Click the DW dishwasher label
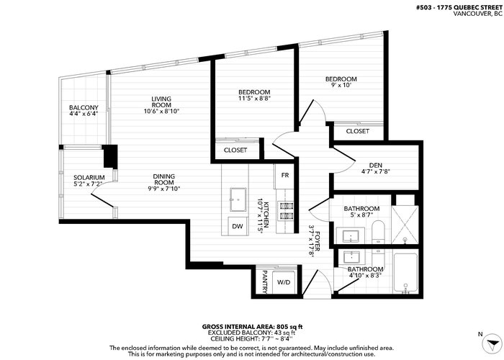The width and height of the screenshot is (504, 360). (238, 226)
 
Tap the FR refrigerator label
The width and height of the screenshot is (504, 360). (285, 175)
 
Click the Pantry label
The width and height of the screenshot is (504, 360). (265, 282)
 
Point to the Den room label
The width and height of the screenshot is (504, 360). (376, 166)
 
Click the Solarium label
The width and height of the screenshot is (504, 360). (89, 178)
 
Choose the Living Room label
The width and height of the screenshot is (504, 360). (161, 102)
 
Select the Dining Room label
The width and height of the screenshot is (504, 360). (164, 179)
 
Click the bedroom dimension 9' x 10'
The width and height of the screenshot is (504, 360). (341, 85)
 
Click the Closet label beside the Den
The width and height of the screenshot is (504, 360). (357, 131)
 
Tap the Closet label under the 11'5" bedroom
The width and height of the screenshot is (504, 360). (235, 150)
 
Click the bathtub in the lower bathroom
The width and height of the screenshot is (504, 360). (405, 273)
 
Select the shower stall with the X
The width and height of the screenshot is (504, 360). (405, 225)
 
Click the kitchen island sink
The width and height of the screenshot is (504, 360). (238, 199)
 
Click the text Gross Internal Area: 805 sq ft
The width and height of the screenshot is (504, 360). (252, 327)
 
